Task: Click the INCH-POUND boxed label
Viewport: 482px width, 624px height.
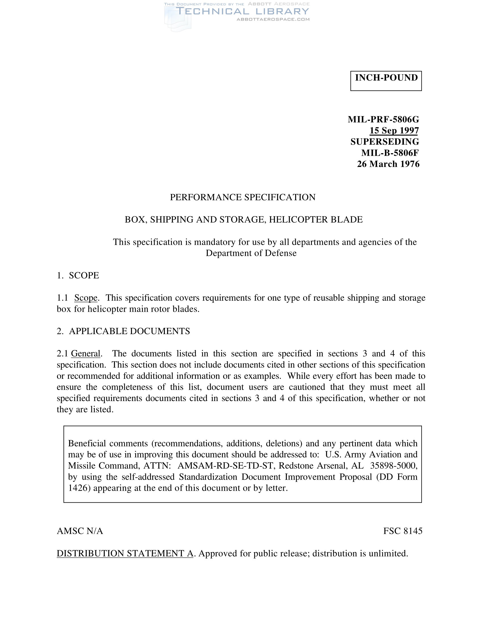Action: coord(386,78)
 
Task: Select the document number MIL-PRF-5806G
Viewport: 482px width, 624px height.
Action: coord(383,119)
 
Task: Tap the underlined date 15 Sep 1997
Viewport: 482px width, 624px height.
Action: coord(394,130)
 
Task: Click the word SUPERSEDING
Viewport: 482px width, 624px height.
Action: coord(385,142)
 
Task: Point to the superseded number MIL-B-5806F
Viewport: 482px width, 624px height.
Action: coord(390,153)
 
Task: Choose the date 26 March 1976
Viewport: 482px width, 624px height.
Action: coord(388,164)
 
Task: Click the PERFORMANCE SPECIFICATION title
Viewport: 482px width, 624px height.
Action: coord(243,197)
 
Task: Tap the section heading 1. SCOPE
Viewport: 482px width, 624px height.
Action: coord(78,275)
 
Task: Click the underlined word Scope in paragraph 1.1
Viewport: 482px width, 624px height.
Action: coord(86,298)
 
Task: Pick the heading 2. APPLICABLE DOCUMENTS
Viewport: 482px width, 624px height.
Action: coord(123,331)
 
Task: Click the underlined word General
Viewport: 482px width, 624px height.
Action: coord(86,354)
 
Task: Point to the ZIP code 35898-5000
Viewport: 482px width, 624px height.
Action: coord(394,466)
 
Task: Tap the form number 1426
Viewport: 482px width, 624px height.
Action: coord(79,488)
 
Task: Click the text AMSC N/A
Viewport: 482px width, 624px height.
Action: coord(80,531)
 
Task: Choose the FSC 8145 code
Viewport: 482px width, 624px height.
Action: coord(403,531)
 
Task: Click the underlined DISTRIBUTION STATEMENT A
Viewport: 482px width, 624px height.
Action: coord(125,553)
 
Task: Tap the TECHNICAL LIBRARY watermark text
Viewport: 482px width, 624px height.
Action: coord(242,11)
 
